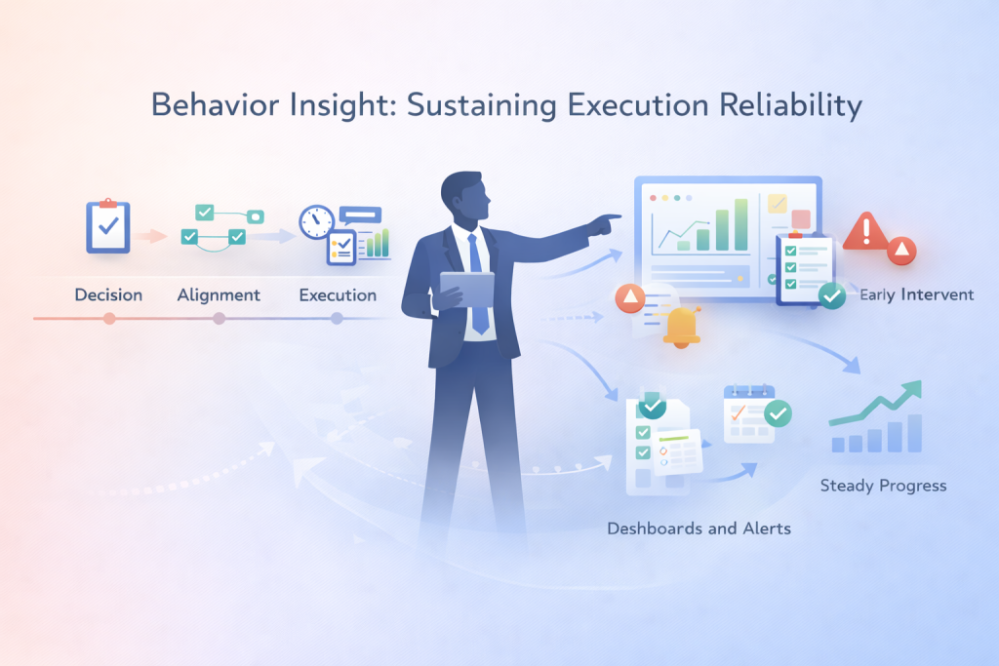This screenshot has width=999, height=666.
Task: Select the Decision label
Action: click(108, 294)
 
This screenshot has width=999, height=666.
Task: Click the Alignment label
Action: click(219, 294)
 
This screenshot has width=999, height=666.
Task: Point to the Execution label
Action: click(338, 294)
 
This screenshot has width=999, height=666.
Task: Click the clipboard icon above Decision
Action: click(107, 226)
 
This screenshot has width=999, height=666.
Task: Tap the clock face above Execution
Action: click(316, 221)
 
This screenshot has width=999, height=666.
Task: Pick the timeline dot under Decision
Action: click(109, 318)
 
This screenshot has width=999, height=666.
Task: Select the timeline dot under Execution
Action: click(337, 318)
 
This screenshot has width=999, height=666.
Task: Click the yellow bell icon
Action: click(681, 327)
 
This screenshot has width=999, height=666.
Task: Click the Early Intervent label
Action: click(916, 294)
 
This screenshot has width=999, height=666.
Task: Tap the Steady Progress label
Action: click(883, 485)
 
